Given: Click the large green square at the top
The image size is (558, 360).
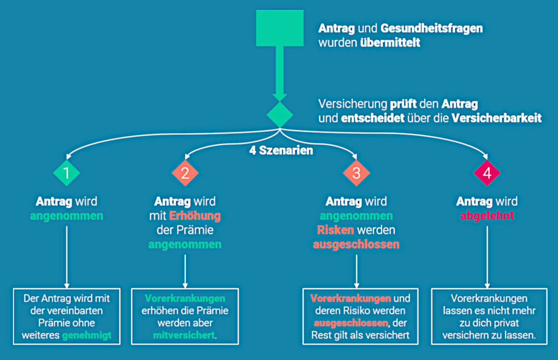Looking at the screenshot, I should [x=279, y=28].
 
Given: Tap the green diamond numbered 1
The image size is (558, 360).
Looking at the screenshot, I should [x=67, y=174].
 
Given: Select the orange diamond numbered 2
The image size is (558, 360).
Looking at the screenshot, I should [x=185, y=174].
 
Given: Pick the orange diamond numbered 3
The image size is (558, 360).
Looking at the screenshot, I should [x=357, y=174].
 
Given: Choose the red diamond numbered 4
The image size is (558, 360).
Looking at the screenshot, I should [x=487, y=174].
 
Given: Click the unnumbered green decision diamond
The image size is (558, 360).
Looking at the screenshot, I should [x=280, y=114].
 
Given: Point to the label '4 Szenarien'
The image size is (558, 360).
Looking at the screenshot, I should [x=281, y=151].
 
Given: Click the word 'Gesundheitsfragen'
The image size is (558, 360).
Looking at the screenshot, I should [x=431, y=28].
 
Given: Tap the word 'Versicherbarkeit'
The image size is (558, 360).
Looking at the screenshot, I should [x=497, y=118].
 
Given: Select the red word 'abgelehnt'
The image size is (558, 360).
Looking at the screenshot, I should [x=487, y=216].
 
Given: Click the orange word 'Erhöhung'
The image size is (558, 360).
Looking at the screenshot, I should [x=195, y=215].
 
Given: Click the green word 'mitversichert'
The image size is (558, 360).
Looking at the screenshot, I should [x=183, y=335].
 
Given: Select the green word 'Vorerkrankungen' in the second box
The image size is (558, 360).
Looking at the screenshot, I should [x=185, y=299].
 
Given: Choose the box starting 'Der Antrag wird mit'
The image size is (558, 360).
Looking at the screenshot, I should [x=67, y=317].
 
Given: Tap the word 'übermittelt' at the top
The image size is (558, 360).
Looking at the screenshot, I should [x=390, y=42].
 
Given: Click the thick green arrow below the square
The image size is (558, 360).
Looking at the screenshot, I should [x=280, y=72].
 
